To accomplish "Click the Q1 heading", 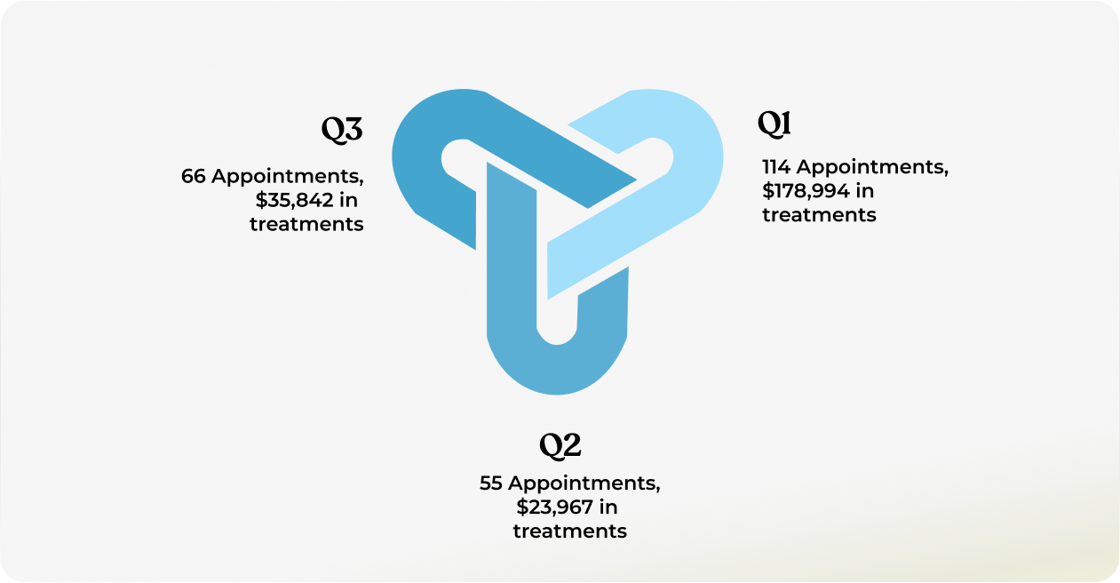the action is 774,124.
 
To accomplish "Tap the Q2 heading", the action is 560,445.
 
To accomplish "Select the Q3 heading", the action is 342,129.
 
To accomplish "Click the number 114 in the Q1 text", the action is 776,167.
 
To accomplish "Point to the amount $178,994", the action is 806,191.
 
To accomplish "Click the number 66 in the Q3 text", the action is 194,176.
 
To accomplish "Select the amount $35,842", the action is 295,200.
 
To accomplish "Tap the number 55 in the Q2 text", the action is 491,483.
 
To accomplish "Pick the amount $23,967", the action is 554,507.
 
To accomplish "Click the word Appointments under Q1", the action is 872,167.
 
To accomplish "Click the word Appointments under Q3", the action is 288,177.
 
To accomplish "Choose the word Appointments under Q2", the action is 584,483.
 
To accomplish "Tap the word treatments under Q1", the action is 819,215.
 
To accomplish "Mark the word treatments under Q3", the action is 306,224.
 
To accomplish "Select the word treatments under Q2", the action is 570,531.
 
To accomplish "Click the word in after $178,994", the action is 865,191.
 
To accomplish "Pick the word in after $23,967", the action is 608,507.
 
